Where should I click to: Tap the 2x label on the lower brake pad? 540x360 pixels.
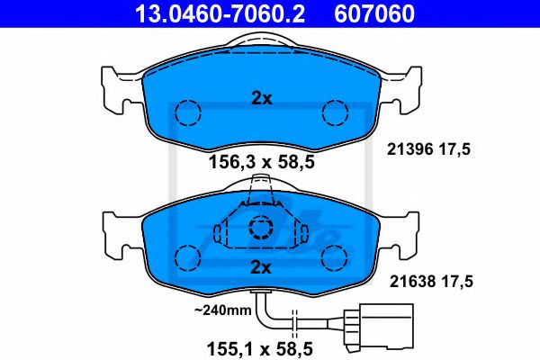coord(261,267)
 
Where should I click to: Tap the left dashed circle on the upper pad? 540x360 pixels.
coord(187,113)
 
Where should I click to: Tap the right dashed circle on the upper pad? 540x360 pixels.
coord(335,113)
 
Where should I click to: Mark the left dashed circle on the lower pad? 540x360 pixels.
coord(187,257)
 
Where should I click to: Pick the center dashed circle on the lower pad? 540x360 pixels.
coord(261,229)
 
